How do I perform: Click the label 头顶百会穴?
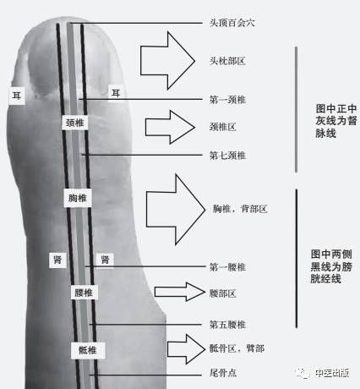[x=232, y=23]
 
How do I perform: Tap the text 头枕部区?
[x=227, y=61]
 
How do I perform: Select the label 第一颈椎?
[x=227, y=100]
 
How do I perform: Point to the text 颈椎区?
[x=222, y=127]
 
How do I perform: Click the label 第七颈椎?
[x=227, y=156]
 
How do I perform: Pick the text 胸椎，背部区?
[x=240, y=209]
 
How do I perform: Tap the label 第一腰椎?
[x=227, y=267]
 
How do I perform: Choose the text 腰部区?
[x=222, y=293]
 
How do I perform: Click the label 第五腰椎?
[x=227, y=325]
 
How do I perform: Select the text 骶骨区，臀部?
[x=237, y=348]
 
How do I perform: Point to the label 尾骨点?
[x=223, y=373]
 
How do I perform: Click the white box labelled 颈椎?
[x=74, y=123]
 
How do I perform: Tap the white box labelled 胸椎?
[x=78, y=198]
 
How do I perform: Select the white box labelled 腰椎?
[x=84, y=293]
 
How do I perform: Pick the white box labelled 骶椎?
[x=88, y=350]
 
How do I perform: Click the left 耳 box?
[x=17, y=96]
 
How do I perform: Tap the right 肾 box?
[x=105, y=260]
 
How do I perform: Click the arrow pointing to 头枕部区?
[x=167, y=61]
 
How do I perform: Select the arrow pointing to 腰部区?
[x=180, y=292]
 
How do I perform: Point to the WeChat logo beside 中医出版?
[x=303, y=373]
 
